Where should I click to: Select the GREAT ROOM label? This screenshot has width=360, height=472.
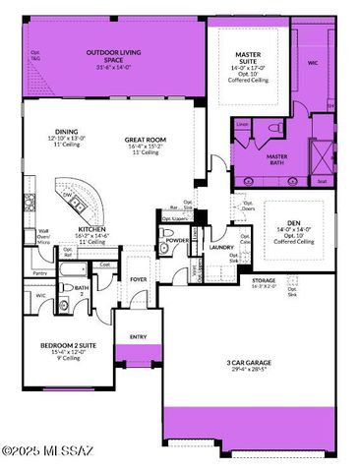coord(146,140)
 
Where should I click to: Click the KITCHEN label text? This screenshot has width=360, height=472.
coord(92,228)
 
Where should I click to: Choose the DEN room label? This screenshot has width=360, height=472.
coord(293,223)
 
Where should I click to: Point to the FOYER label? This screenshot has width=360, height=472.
coord(139,279)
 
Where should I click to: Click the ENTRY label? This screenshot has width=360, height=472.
coord(137,336)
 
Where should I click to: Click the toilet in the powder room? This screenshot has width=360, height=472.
coord(163,250)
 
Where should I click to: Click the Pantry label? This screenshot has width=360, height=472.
coord(39,272)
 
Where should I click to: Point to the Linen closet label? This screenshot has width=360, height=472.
coord(242,124)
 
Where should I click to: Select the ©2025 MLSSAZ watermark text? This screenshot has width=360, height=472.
coord(61,451)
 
